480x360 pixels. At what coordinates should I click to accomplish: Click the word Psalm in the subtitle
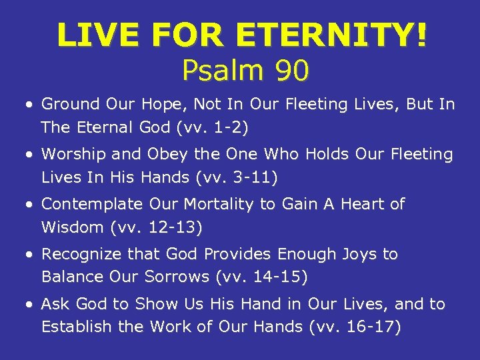(x=222, y=70)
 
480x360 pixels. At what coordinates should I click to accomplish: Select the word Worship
(x=73, y=154)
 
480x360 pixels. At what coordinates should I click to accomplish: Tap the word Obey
(x=163, y=154)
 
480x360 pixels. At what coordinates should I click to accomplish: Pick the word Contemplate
(x=92, y=204)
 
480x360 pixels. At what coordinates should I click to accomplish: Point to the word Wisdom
(x=72, y=227)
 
